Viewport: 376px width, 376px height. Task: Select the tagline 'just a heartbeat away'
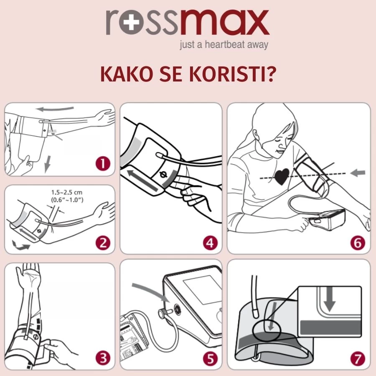click(224, 44)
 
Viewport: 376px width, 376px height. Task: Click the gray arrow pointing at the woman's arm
click(358, 172)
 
